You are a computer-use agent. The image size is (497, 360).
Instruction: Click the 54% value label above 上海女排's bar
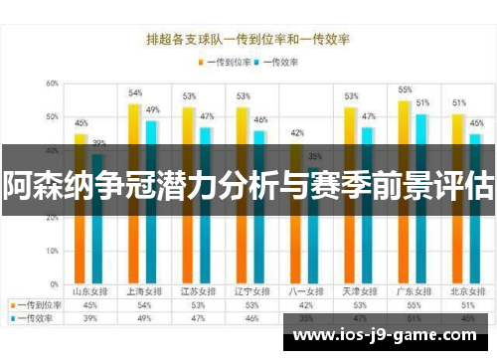pyautogui.click(x=135, y=92)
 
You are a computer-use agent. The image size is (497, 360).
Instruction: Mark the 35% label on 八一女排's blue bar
pyautogui.click(x=314, y=156)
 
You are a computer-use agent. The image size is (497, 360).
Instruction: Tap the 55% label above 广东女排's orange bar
pyautogui.click(x=405, y=90)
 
